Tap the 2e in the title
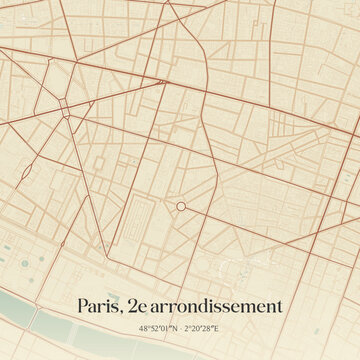click(x=131, y=306)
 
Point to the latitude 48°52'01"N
click(x=159, y=328)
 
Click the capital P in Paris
click(x=81, y=306)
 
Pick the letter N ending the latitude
click(x=174, y=328)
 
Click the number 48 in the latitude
click(x=145, y=328)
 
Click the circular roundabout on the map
click(x=181, y=206)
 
